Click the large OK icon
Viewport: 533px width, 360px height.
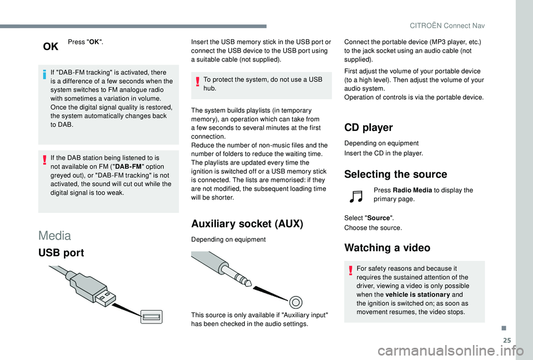[51, 46]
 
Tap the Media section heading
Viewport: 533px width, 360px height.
[55, 235]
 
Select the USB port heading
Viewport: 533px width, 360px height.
[61, 253]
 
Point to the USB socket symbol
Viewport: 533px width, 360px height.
[152, 317]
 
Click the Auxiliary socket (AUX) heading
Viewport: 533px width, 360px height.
[247, 224]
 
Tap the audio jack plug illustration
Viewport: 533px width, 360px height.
[222, 268]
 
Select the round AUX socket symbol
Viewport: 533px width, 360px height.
[296, 302]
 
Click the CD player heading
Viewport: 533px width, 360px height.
[369, 128]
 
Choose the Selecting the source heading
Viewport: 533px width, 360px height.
[396, 174]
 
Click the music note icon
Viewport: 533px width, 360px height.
[356, 196]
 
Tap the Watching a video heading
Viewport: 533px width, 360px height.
[387, 247]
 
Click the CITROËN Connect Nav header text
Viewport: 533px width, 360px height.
[447, 26]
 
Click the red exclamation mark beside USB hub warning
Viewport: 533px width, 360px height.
[197, 82]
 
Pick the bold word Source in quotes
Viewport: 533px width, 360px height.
[379, 218]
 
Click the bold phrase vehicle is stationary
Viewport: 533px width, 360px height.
[418, 295]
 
